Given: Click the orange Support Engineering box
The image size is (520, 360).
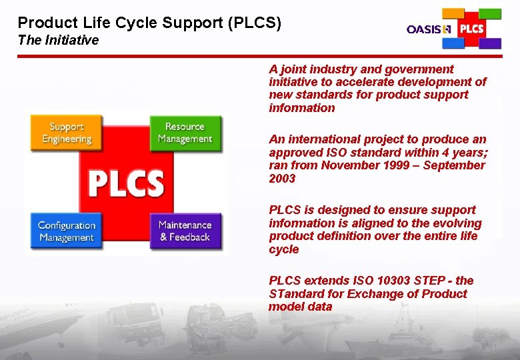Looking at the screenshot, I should (67, 133).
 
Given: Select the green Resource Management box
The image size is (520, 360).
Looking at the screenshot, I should (185, 133).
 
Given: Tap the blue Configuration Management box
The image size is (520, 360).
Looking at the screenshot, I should (66, 231).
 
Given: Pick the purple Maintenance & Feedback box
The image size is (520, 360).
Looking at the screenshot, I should (185, 231).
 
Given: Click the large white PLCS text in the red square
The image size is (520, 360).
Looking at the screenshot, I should (126, 182).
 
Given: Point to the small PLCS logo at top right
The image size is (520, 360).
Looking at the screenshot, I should (472, 29).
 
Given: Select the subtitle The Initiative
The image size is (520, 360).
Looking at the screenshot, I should (58, 40).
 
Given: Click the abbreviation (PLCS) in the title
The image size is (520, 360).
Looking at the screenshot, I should (255, 23).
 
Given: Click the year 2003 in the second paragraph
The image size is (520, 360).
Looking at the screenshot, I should (282, 179).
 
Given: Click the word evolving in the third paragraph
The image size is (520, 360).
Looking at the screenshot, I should (459, 223).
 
